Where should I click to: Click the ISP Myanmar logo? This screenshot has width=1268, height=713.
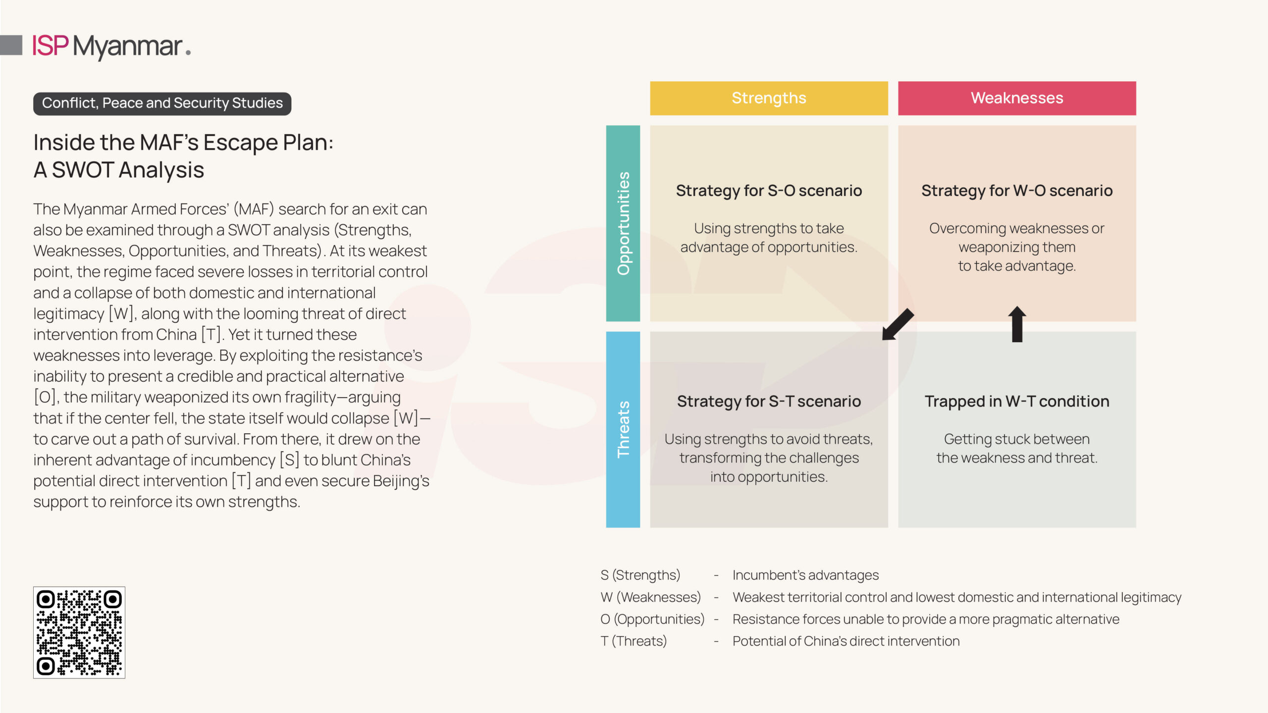click(111, 47)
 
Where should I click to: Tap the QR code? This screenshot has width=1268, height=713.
click(79, 632)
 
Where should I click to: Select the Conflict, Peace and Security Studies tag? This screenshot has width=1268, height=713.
click(162, 103)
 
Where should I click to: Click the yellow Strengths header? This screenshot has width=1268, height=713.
click(769, 98)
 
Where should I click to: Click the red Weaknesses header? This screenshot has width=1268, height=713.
click(1016, 98)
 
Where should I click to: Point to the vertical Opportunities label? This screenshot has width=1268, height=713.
click(623, 223)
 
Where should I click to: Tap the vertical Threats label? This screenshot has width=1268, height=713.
click(623, 429)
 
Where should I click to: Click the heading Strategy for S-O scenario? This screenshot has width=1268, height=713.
click(769, 191)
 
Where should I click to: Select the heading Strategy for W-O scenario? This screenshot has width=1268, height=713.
click(1016, 191)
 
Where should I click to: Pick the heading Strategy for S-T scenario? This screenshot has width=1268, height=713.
click(769, 401)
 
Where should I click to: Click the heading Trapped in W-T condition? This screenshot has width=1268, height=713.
click(1016, 401)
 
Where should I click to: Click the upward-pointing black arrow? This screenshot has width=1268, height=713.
click(1017, 324)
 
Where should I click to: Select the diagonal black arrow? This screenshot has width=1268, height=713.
click(898, 324)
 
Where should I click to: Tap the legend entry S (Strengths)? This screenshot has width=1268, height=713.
click(640, 575)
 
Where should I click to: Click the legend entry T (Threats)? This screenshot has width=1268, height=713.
click(634, 641)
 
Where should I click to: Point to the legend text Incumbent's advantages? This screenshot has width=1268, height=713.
click(805, 575)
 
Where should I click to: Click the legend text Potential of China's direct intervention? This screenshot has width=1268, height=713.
click(846, 641)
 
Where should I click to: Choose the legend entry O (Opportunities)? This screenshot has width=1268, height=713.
click(652, 619)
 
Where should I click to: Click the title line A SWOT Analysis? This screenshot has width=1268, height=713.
click(119, 170)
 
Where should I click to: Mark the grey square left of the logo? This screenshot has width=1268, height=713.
click(11, 45)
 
